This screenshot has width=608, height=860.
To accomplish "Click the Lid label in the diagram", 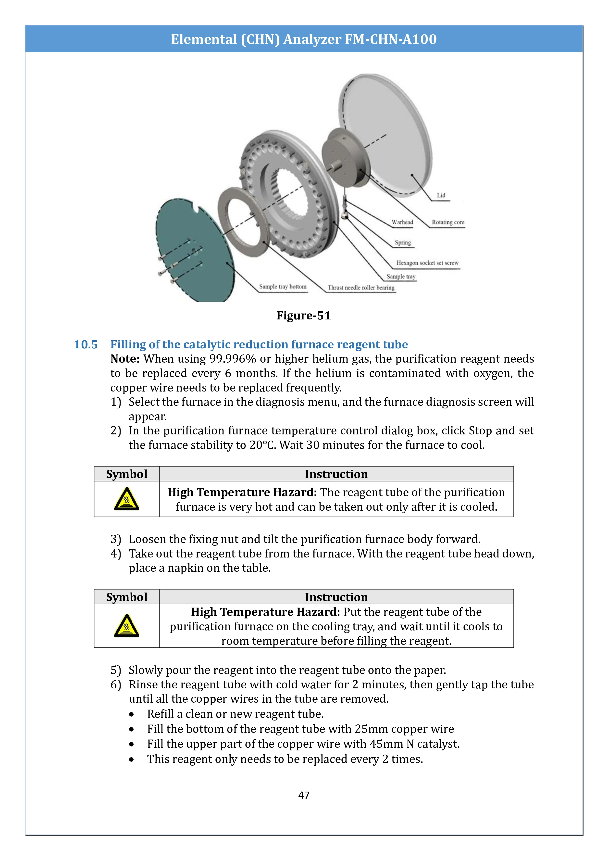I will (441, 195).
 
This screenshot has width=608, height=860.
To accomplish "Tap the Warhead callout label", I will (402, 222).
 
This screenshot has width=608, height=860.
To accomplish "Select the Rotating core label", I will (448, 222).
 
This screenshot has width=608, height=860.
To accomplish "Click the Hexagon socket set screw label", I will (427, 263).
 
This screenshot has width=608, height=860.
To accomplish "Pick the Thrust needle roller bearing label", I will (361, 288).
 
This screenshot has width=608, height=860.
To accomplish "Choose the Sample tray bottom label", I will (283, 287).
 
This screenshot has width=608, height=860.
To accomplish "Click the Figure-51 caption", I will (304, 315).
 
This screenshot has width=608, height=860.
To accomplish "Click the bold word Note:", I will (125, 359).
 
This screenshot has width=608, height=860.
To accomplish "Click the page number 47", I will (304, 795).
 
